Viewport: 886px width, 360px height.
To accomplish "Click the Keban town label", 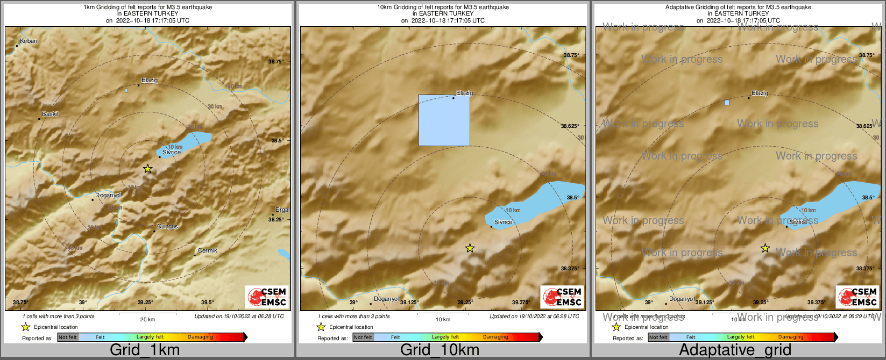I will pos(29,41).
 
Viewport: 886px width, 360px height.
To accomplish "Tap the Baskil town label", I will pos(50,114).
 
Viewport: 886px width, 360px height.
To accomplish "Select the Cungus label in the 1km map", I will pos(167,227).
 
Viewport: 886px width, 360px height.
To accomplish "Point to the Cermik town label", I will pos(208,250).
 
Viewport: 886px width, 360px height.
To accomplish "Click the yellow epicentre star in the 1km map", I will pos(148,169).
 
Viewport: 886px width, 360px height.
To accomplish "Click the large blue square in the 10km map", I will pos(444,120).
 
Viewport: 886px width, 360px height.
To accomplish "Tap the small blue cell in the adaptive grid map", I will pos(727,102).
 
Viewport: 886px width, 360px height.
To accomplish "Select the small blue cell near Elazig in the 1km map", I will pos(126,90).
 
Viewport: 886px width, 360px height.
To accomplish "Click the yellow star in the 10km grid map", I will pos(470,248).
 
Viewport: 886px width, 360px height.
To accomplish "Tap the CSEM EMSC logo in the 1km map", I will pos(267,297).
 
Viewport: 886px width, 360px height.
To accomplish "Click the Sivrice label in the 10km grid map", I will pos(504,222).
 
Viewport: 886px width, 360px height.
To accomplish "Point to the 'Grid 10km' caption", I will pos(440,350).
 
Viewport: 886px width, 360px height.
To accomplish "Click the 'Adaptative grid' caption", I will pos(735,350).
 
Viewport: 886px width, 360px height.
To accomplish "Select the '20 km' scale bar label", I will pos(147,320).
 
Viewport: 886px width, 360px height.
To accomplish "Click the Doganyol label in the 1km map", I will pos(108,195).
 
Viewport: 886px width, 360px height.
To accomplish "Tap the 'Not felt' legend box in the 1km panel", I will pos(68,337).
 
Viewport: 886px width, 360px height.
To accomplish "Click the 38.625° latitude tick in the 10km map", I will pos(570,126).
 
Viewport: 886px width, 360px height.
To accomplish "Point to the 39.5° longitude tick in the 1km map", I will pos(208,303).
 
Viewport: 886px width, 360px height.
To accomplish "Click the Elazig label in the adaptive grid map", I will pos(760,93).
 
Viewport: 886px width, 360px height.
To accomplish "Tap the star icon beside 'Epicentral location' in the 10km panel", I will pos(321,327).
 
